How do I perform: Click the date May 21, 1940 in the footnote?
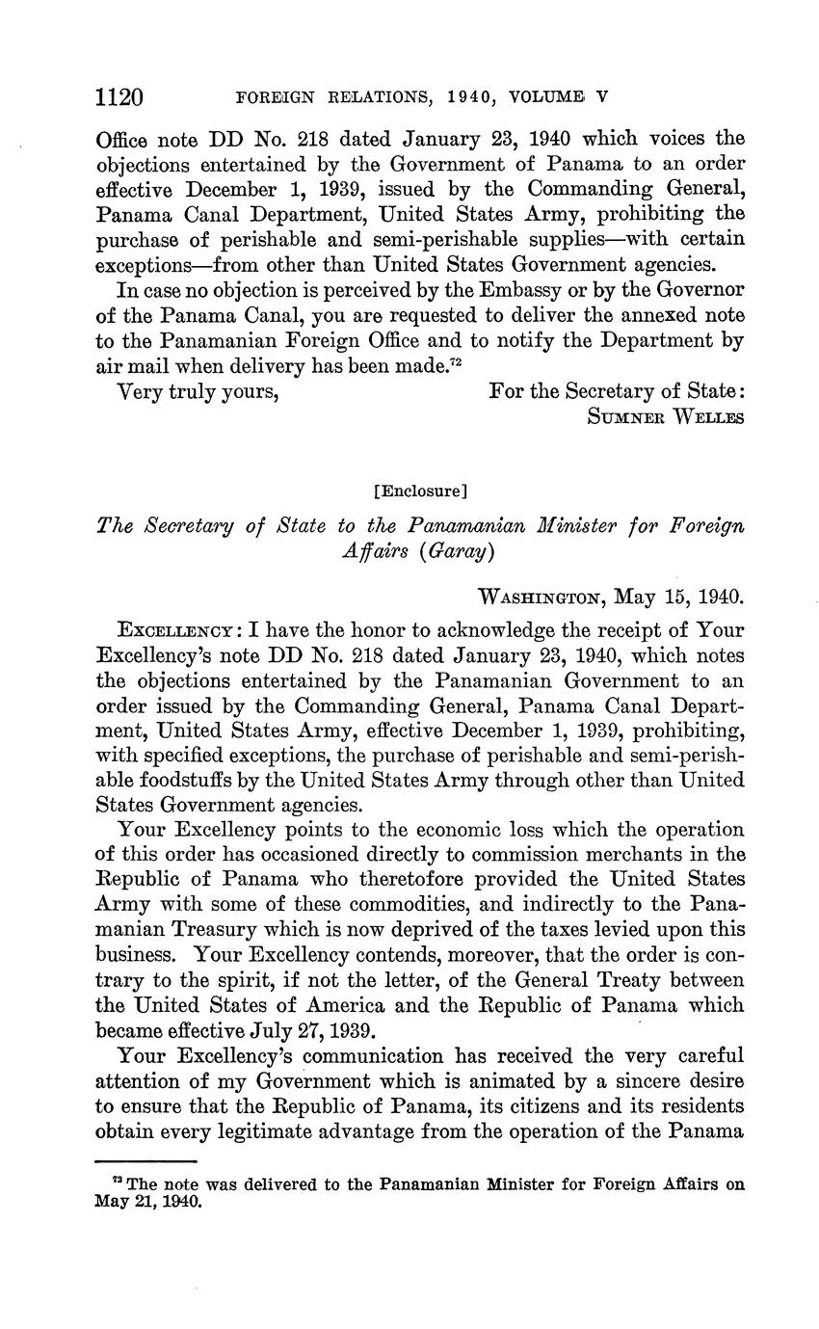tap(148, 1203)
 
